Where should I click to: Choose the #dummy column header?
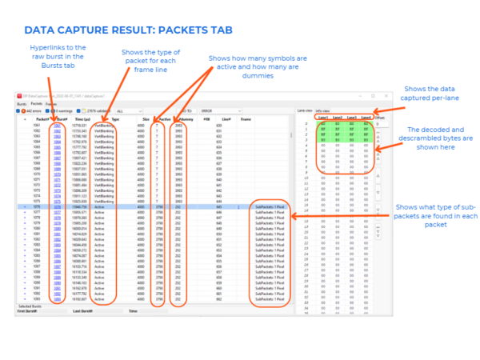[x=181, y=118]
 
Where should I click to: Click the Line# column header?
[x=226, y=118]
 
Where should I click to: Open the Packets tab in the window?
[x=36, y=103]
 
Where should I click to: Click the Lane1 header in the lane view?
[x=323, y=118]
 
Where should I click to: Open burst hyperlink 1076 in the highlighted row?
[x=55, y=206]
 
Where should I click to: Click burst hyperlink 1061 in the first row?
[x=55, y=126]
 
